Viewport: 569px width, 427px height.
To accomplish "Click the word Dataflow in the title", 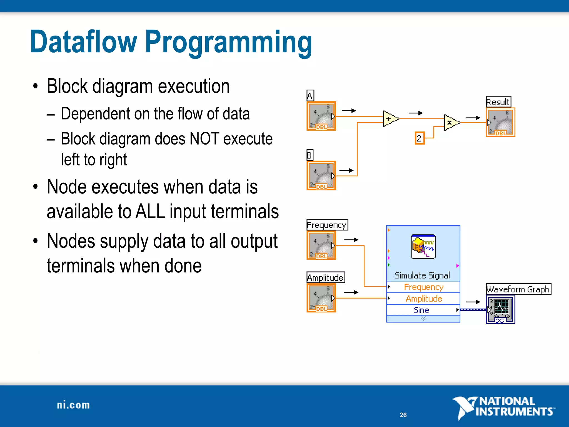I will [83, 42].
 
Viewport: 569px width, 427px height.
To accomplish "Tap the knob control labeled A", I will [321, 116].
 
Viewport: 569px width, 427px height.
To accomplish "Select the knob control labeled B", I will [321, 175].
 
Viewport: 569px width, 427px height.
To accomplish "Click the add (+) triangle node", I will [390, 119].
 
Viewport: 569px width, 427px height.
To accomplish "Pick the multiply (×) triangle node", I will [451, 122].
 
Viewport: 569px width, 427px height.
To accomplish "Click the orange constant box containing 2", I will [419, 138].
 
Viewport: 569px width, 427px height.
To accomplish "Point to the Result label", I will [498, 102].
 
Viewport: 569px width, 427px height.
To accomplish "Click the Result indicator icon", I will [500, 122].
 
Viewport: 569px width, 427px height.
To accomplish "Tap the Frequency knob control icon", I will [321, 245].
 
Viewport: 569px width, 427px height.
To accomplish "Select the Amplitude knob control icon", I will [321, 298].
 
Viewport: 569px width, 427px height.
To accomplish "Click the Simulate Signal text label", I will [422, 275].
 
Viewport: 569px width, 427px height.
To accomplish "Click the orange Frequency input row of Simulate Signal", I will [423, 287].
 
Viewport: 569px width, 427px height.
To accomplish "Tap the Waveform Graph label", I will [518, 289].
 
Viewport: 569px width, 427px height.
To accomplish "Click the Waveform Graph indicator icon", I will [500, 309].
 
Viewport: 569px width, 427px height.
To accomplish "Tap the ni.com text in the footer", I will [73, 405].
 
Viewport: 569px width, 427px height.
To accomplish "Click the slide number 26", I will [403, 415].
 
